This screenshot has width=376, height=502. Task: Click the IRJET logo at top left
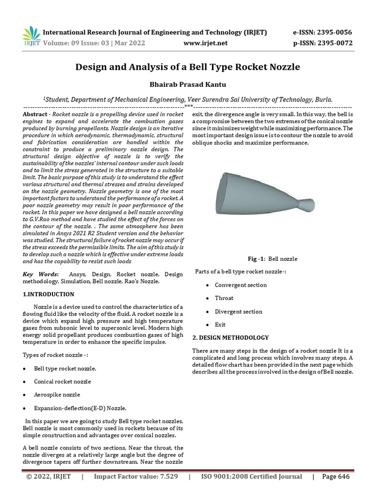pos(31,37)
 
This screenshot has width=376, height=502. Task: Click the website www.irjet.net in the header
pos(205,43)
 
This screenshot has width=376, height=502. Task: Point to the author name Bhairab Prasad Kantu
pos(188,85)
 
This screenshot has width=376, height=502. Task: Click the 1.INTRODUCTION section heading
pos(48,294)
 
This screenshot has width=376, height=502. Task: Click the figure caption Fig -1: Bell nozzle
pos(273,259)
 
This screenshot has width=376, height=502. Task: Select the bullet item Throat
pos(224,298)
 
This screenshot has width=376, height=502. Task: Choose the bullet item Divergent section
pos(238,311)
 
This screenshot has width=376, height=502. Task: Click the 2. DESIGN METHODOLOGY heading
pos(230,338)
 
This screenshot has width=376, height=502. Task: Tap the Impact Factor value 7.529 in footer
pos(136,477)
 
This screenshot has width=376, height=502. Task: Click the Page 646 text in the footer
pos(336,477)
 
